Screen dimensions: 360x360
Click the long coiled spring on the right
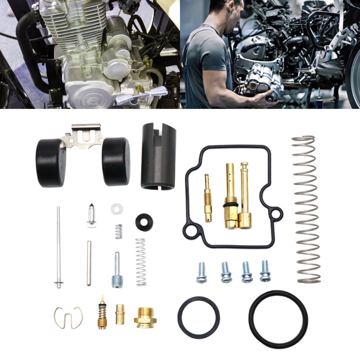(306, 209)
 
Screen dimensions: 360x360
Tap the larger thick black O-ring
(278, 319)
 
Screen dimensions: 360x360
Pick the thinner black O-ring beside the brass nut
(198, 317)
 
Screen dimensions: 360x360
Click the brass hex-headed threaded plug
(145, 318)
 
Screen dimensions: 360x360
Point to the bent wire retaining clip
(68, 317)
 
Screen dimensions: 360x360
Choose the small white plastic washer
(117, 209)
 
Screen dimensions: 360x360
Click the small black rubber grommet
(144, 220)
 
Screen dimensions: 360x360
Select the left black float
(51, 162)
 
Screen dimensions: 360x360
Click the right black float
(116, 161)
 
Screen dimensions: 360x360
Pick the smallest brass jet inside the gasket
(207, 198)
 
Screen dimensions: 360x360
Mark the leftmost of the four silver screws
(201, 273)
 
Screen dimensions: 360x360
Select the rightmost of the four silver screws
(265, 271)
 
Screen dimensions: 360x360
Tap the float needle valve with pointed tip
(92, 216)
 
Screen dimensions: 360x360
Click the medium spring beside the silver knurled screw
(141, 261)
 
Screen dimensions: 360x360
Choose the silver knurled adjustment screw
(116, 270)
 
